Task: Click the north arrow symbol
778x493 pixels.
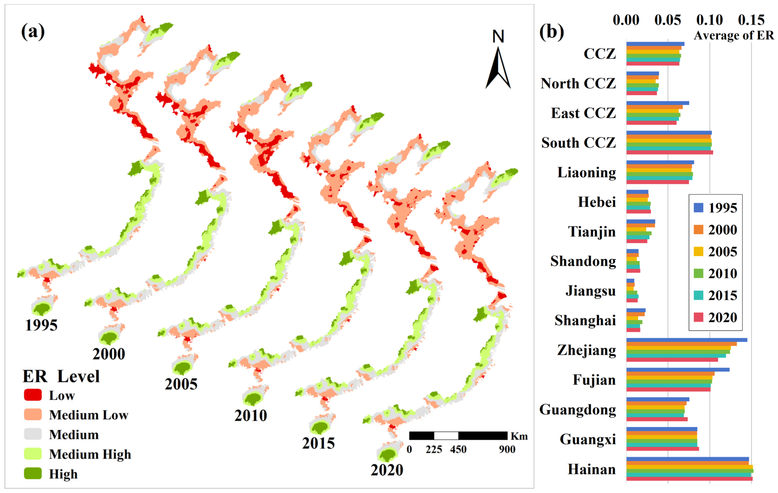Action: [x=498, y=68]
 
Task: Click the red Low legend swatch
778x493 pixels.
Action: [x=33, y=395]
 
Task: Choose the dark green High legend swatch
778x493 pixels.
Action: [x=33, y=473]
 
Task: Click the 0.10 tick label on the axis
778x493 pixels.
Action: [x=709, y=20]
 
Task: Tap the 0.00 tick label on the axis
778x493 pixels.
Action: [x=626, y=20]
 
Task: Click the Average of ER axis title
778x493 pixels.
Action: [x=733, y=35]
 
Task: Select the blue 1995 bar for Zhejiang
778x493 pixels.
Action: [x=687, y=340]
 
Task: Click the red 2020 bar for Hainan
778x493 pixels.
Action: [x=689, y=479]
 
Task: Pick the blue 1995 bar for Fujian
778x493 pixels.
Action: [x=678, y=370]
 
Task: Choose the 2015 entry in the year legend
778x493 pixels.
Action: [x=716, y=295]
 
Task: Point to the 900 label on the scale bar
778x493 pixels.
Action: [x=507, y=449]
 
